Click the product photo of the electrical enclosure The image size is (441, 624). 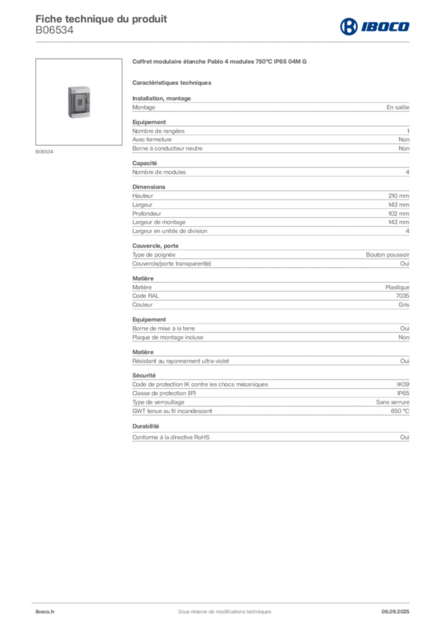(x=78, y=102)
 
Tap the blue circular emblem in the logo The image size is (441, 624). (x=348, y=26)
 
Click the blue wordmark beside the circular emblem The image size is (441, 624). (x=386, y=26)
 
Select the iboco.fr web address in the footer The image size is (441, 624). (x=46, y=611)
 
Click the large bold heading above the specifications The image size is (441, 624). (x=222, y=62)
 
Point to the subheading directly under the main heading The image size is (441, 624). (x=172, y=82)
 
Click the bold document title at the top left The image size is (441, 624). (x=101, y=16)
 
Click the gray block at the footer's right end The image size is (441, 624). (x=397, y=608)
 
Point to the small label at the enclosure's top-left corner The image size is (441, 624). (x=69, y=88)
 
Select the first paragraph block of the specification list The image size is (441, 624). (x=270, y=107)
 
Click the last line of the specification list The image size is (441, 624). (x=270, y=436)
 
